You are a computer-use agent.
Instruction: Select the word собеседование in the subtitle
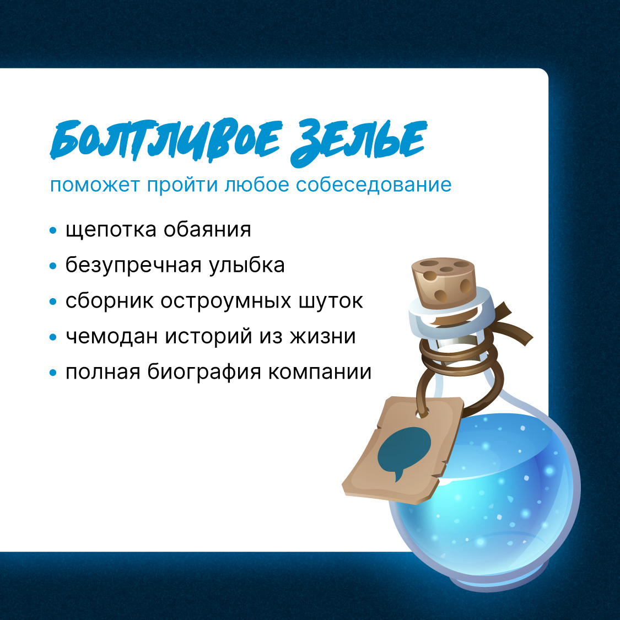(374, 185)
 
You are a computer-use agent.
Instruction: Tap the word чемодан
(107, 337)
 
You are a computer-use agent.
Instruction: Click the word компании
(320, 373)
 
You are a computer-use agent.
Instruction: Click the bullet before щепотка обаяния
(53, 230)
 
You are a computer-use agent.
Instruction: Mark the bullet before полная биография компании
(53, 373)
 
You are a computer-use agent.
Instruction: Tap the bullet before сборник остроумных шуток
(53, 301)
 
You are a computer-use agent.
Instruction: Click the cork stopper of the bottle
(444, 281)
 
